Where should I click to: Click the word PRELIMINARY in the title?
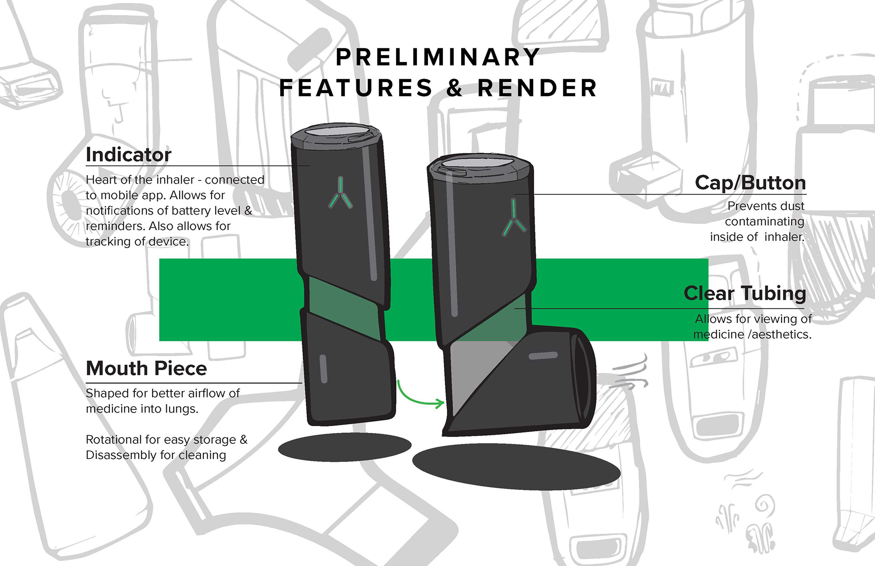(437, 57)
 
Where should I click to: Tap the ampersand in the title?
(454, 88)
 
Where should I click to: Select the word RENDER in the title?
(537, 88)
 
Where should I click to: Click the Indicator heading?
(129, 154)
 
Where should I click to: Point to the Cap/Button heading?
(750, 183)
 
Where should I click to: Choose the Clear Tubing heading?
(745, 293)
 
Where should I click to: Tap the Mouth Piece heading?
(146, 368)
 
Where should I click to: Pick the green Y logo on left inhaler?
(340, 193)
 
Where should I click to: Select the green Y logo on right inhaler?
(514, 219)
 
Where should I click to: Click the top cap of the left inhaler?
(336, 132)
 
